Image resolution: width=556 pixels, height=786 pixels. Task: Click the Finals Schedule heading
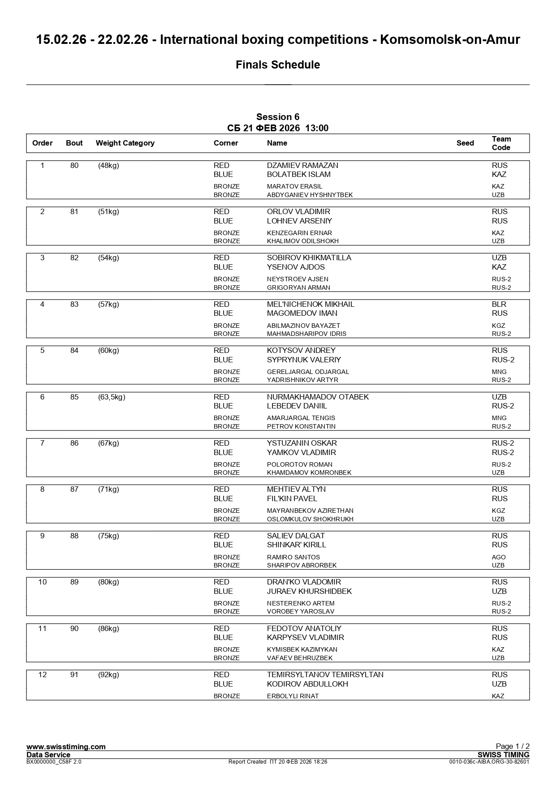coord(278,65)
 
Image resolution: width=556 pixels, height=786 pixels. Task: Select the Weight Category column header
coord(125,143)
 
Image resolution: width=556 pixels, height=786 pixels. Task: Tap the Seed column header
coord(465,143)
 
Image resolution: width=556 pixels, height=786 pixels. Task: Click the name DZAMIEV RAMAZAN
coord(302,166)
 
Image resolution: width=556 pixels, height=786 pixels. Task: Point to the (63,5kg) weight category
coord(112,397)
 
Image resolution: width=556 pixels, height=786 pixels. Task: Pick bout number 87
coord(74,490)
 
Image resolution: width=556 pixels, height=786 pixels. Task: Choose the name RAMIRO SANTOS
coord(293,558)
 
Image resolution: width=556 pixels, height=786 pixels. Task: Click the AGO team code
coord(499,558)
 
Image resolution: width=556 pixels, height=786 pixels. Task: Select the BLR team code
coord(499,305)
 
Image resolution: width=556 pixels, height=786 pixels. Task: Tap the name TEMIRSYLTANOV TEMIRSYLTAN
coord(325,675)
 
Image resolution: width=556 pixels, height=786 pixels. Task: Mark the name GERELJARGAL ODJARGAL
coord(308,372)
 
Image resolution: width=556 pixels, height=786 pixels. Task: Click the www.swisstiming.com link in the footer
coord(66,747)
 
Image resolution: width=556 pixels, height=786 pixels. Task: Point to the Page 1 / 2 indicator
coord(513,746)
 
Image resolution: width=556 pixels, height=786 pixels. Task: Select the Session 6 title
coord(278,117)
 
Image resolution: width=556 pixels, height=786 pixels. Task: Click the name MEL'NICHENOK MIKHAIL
coord(310,305)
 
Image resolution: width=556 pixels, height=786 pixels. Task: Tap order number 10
coord(43,582)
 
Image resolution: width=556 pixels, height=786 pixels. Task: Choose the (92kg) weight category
coord(108,675)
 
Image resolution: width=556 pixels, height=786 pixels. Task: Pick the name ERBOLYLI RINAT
coord(293,696)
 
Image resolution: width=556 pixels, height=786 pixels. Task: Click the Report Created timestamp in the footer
coord(278,762)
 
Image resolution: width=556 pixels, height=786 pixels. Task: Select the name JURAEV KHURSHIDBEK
coord(309,592)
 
